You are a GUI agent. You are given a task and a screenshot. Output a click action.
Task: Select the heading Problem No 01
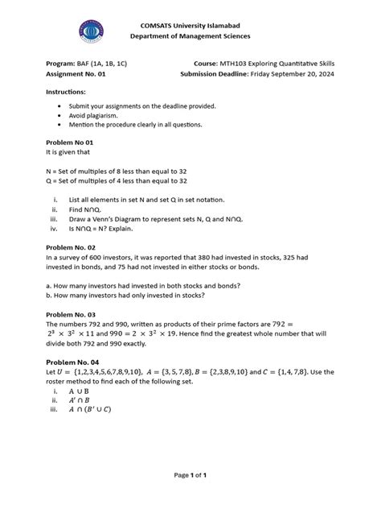coord(80,140)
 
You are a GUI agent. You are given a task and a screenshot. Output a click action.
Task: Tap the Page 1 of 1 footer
coord(190,475)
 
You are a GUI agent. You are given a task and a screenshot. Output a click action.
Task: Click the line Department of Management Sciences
coord(190,36)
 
